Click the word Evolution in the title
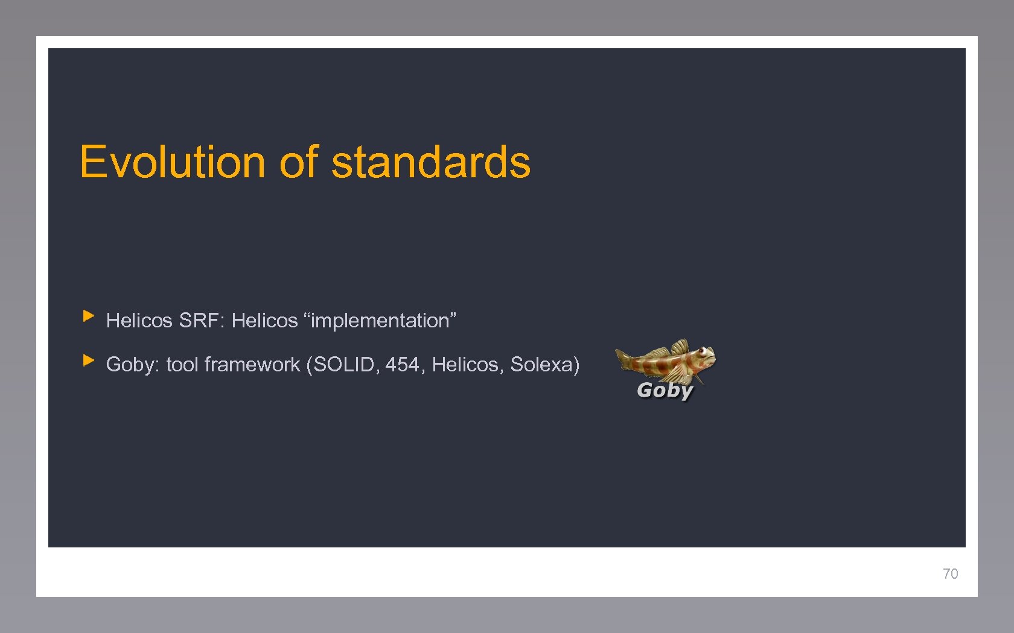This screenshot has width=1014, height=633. point(172,162)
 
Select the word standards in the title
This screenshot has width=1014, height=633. point(431,162)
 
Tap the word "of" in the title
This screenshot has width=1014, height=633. point(299,162)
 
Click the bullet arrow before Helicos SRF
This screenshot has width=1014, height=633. point(89,315)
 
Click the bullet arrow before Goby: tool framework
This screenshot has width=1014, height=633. point(89,361)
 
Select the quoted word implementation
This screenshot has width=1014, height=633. point(380,321)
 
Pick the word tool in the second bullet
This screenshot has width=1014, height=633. point(182,365)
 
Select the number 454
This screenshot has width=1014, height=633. point(403,365)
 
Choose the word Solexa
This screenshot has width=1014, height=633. point(542,365)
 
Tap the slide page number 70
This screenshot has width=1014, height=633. point(950,573)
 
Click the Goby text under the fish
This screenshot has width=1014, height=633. point(665,390)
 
